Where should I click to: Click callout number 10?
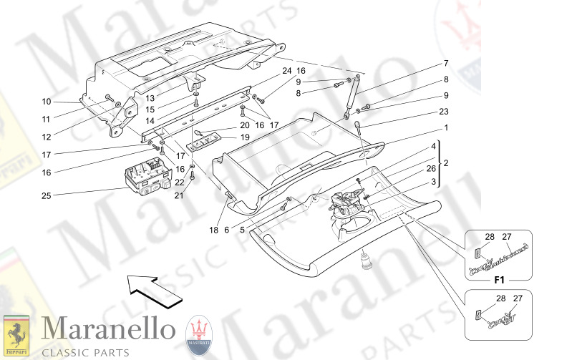[x=47, y=102]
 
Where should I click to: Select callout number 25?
[x=47, y=194]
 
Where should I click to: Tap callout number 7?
[x=445, y=63]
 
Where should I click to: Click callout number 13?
[x=151, y=98]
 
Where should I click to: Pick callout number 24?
[x=286, y=71]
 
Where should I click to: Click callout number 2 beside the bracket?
[x=445, y=164]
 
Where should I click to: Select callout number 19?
[x=244, y=137]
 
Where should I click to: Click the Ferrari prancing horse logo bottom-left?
[x=16, y=335]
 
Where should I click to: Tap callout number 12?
[x=47, y=137]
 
